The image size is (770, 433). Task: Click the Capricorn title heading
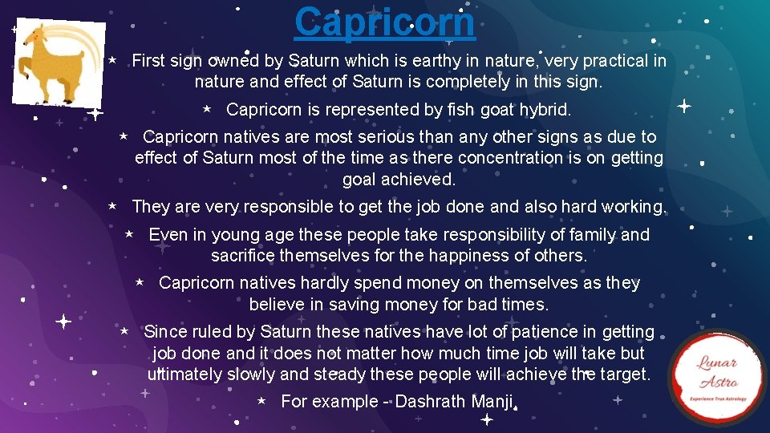(x=384, y=22)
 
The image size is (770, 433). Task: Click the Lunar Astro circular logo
(x=717, y=377)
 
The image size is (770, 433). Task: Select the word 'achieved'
(x=422, y=179)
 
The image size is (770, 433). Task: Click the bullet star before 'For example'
(x=261, y=400)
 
